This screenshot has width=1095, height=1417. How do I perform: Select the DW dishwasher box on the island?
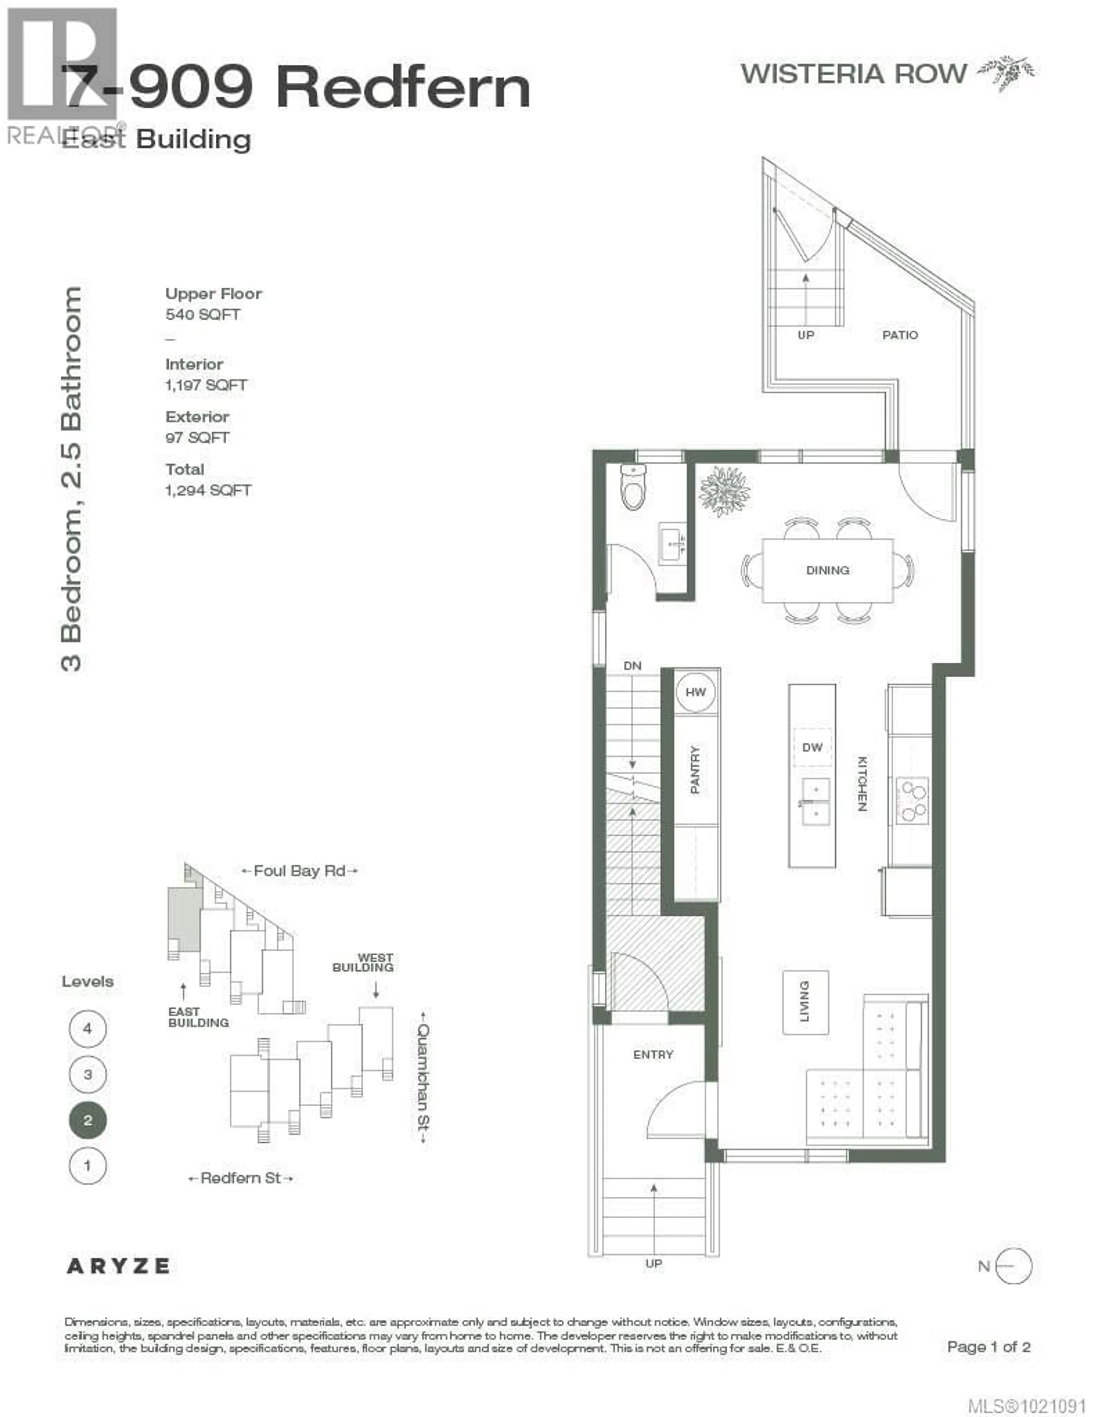pyautogui.click(x=812, y=747)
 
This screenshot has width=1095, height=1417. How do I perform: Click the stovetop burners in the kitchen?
pyautogui.click(x=912, y=801)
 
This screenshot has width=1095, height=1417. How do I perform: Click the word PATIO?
pyautogui.click(x=900, y=336)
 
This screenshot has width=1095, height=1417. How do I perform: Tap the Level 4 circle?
pyautogui.click(x=88, y=1028)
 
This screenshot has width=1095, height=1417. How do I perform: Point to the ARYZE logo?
pyautogui.click(x=118, y=1266)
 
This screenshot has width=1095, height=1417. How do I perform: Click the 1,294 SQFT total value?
pyautogui.click(x=208, y=491)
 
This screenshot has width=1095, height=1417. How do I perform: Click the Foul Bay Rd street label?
pyautogui.click(x=299, y=871)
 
